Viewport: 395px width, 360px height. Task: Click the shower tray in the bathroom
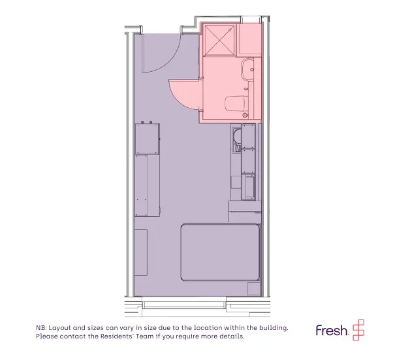[219, 41]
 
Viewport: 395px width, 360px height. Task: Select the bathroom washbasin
[247, 69]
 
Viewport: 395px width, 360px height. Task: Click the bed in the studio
[221, 252]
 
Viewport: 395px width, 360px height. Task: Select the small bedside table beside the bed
[254, 289]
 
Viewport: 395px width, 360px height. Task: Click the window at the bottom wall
[184, 303]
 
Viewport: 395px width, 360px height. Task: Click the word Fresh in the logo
[332, 330]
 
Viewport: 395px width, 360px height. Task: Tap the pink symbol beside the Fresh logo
[358, 330]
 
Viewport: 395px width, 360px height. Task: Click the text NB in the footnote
[40, 328]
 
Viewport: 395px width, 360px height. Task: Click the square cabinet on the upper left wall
[147, 139]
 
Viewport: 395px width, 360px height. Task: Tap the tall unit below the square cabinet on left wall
[147, 186]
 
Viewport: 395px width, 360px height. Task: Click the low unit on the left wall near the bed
[141, 252]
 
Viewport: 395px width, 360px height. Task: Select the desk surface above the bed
[245, 206]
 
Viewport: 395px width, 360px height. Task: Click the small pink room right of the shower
[249, 39]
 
